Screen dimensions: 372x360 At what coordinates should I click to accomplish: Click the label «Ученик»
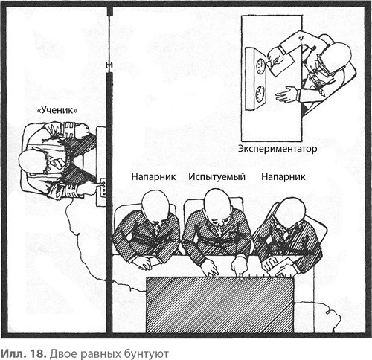57,110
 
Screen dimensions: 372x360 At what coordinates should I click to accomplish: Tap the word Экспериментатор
278,149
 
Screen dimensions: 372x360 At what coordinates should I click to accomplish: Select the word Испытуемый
217,177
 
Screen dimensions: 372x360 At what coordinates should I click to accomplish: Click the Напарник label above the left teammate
153,177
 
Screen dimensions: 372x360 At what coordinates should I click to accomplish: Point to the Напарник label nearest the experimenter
283,177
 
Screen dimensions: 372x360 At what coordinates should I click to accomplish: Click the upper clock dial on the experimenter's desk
260,66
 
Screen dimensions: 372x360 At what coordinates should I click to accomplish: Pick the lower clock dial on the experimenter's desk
260,94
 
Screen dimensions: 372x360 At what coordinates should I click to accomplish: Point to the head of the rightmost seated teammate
290,211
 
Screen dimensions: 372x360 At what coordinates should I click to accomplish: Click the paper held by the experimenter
282,65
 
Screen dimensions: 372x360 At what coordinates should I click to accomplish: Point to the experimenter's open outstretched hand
286,94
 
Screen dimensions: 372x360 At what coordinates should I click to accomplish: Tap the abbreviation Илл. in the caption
14,353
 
